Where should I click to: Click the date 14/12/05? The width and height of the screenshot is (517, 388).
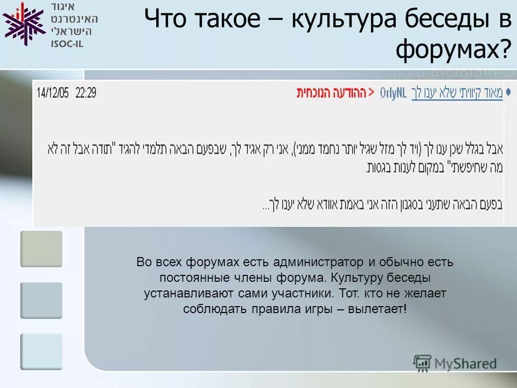52,93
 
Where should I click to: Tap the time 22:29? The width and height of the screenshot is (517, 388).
86,93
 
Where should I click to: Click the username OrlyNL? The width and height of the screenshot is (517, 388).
393,92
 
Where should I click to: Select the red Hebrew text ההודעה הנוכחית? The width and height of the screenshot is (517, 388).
331,92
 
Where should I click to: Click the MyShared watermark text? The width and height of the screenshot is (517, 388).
466,364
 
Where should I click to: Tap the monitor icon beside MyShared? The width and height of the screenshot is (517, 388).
422,362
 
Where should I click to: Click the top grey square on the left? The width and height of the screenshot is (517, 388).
41,249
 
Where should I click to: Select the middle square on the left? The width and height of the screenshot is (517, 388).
41,300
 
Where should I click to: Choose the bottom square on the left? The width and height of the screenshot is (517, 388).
41,351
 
